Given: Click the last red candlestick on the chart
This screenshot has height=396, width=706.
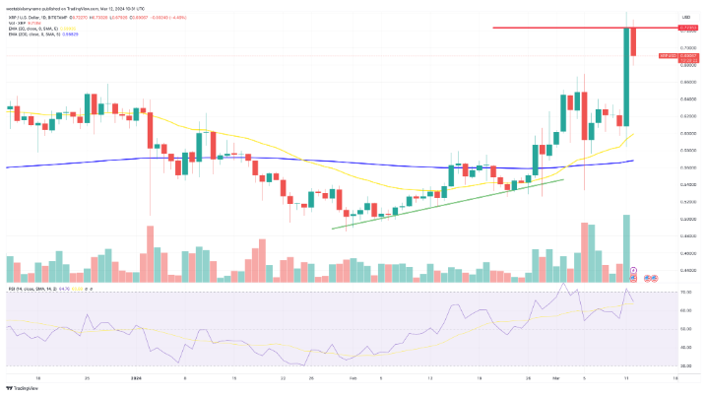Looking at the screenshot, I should pyautogui.click(x=634, y=40).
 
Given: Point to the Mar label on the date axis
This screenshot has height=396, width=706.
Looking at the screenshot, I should pyautogui.click(x=555, y=377).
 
